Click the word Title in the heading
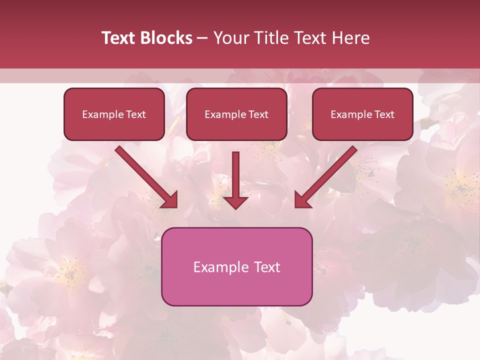pyautogui.click(x=270, y=38)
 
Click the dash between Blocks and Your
pyautogui.click(x=202, y=38)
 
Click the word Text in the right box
pyautogui.click(x=384, y=114)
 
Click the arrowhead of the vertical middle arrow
pyautogui.click(x=235, y=202)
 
